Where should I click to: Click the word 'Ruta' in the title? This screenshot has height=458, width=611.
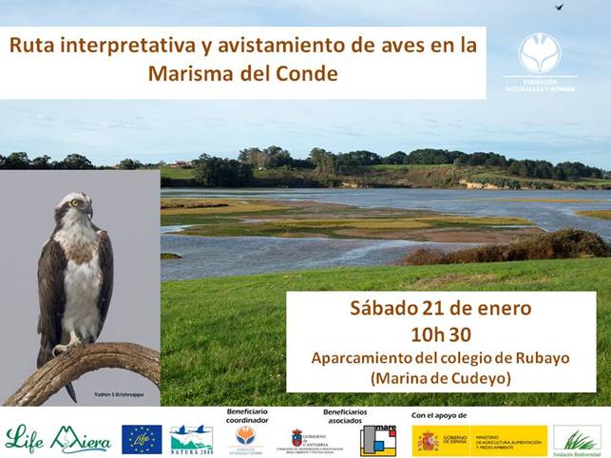pos(32,46)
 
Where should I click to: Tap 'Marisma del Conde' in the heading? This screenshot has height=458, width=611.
pos(242,73)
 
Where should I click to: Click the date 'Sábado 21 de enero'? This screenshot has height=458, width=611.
pos(441,309)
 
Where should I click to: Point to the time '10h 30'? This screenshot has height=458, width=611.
pos(441,334)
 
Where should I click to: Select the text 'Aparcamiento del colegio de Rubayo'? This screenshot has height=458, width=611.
pos(441,357)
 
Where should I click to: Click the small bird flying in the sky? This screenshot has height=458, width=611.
pos(559,7)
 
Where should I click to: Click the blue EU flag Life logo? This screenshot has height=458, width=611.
pos(142,439)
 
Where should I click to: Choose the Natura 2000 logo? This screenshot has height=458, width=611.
pos(191,440)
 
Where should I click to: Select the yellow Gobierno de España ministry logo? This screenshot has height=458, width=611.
pos(479,440)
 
